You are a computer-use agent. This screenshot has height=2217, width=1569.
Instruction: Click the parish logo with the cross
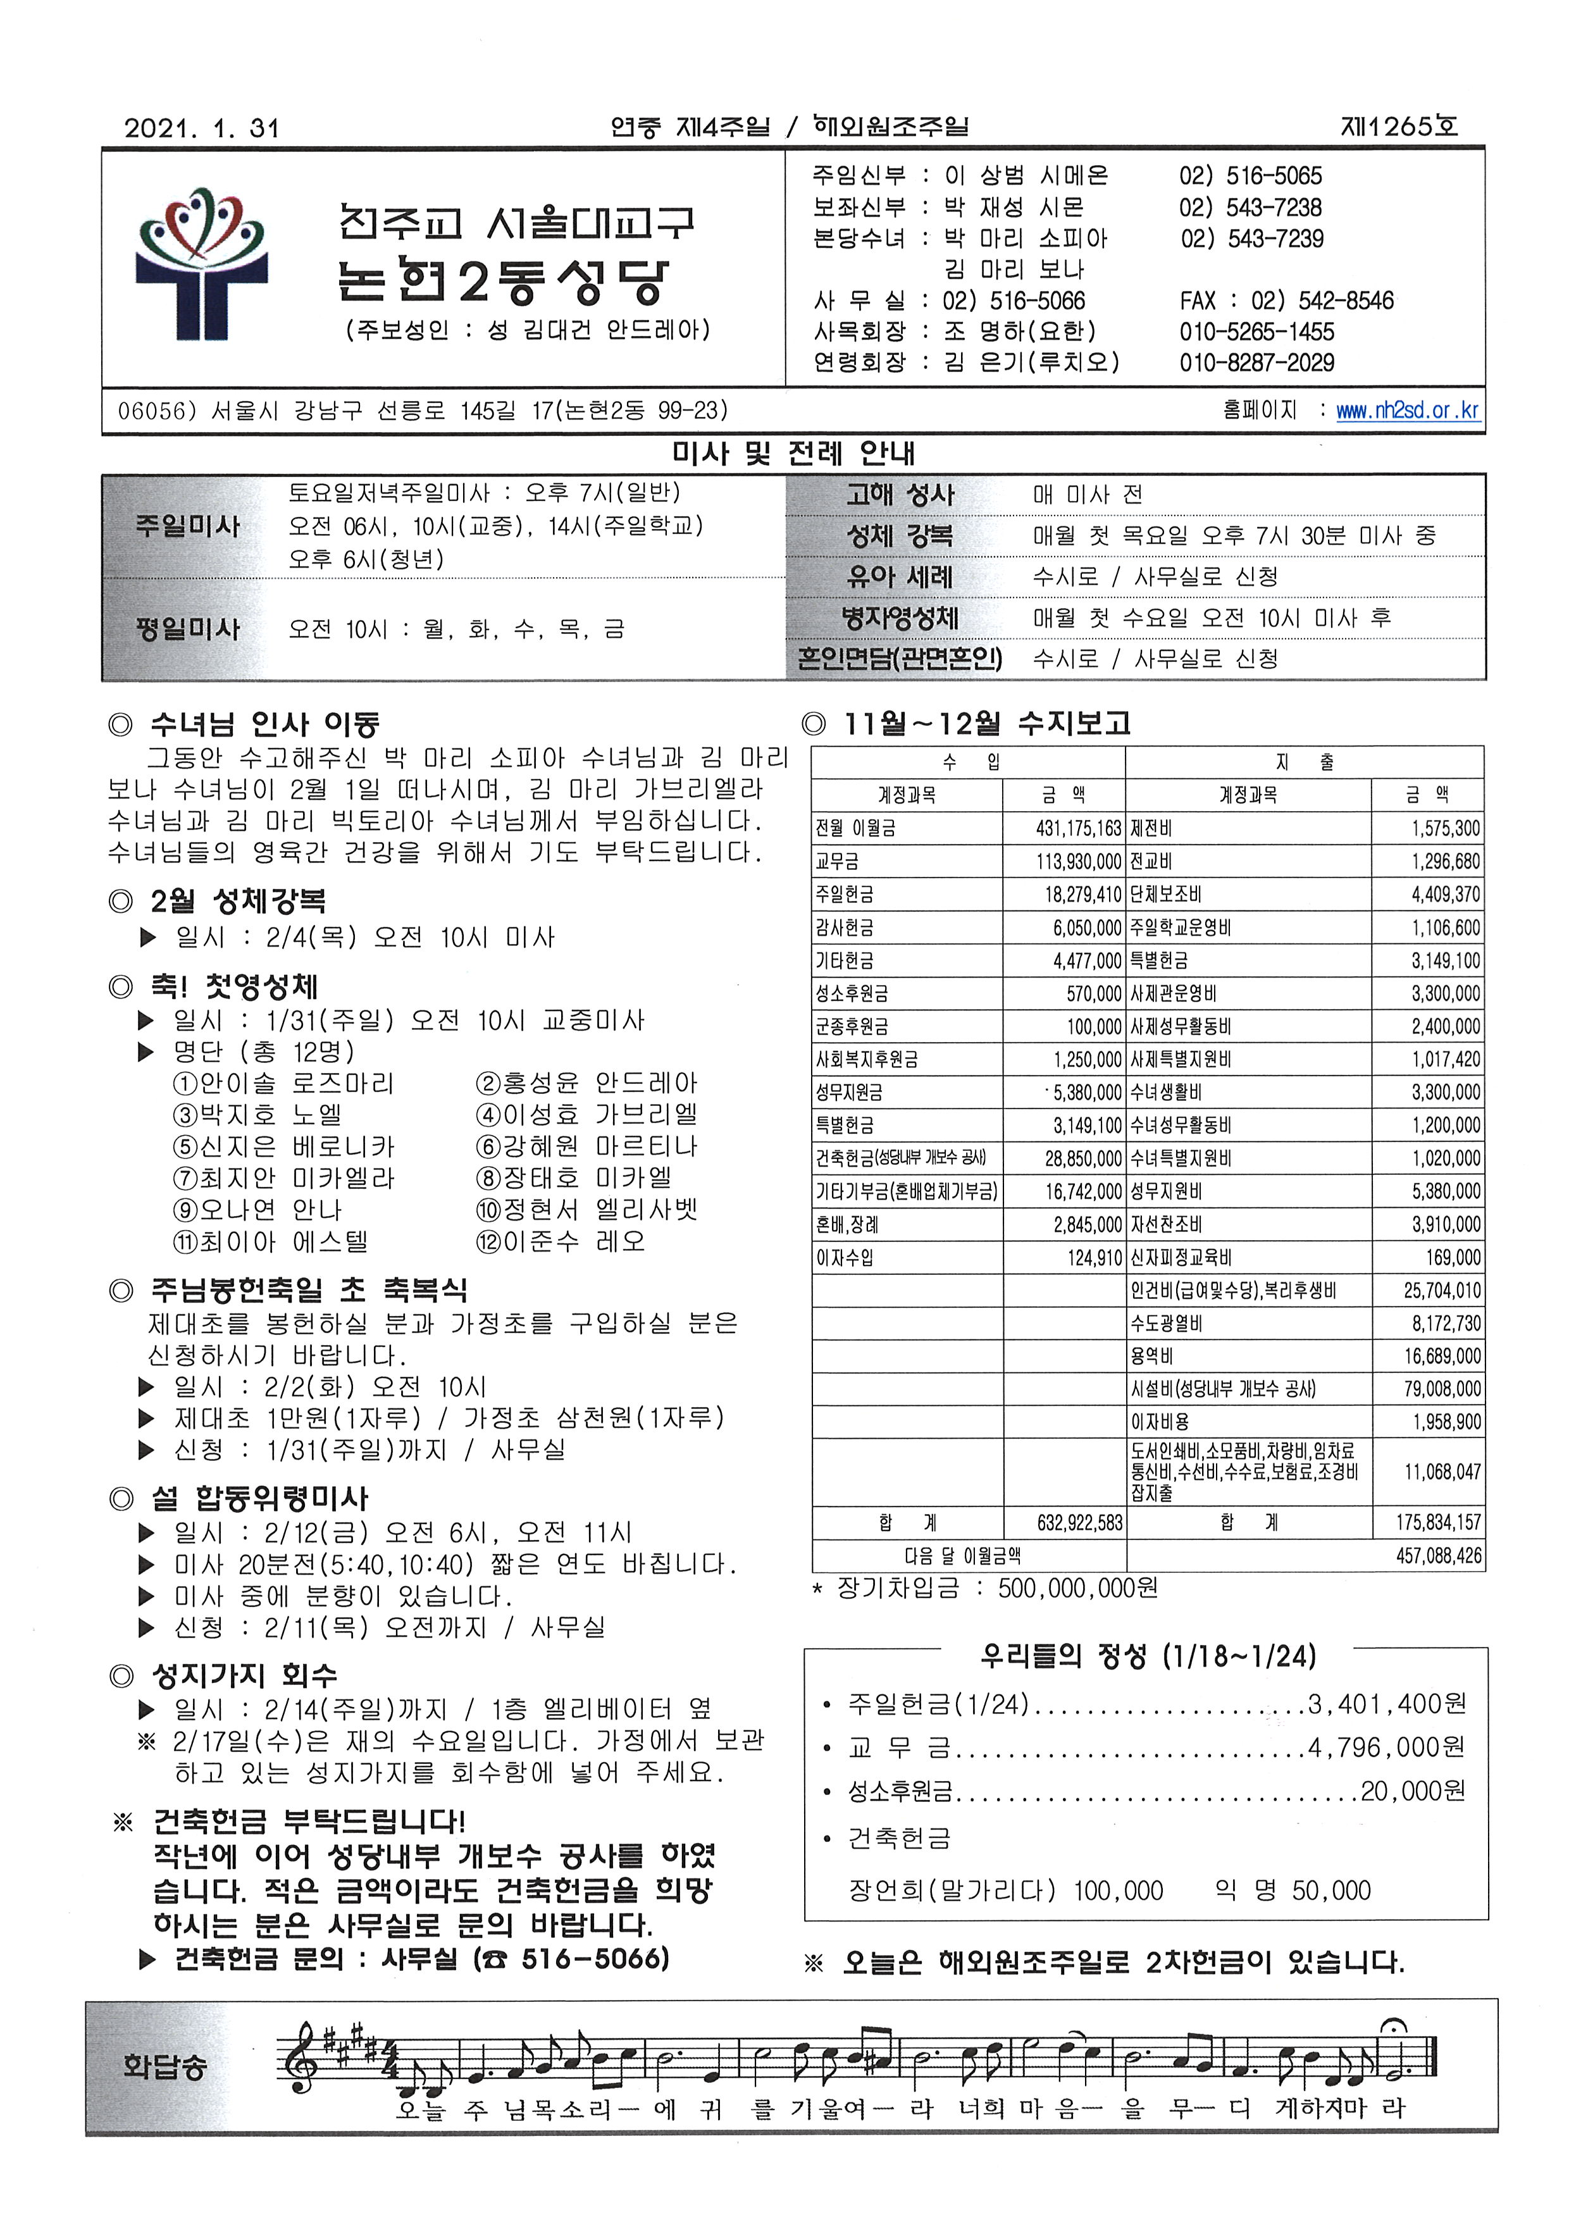pyautogui.click(x=201, y=264)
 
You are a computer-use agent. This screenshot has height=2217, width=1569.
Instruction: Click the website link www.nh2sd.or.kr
pyautogui.click(x=1406, y=411)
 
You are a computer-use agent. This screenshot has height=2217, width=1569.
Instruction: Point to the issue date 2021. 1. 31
pyautogui.click(x=201, y=128)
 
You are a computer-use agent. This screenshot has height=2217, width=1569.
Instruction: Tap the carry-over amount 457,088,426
pyautogui.click(x=1437, y=1556)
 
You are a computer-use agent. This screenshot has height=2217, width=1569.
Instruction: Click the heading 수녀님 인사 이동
pyautogui.click(x=264, y=724)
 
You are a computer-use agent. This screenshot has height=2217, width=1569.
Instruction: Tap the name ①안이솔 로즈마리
pyautogui.click(x=283, y=1084)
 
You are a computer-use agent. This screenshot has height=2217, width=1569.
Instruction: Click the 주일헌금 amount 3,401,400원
pyautogui.click(x=1386, y=1704)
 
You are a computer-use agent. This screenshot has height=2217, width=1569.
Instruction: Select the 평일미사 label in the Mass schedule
pyautogui.click(x=187, y=629)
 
